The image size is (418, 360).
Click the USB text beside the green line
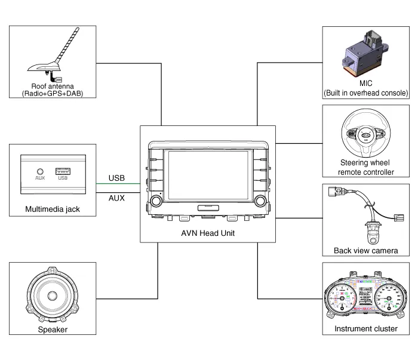[116, 178]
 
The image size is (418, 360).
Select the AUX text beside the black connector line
[116, 198]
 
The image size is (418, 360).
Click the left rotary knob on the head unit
[157, 200]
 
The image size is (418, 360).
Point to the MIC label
[365, 84]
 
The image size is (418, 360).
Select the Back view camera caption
[365, 251]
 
